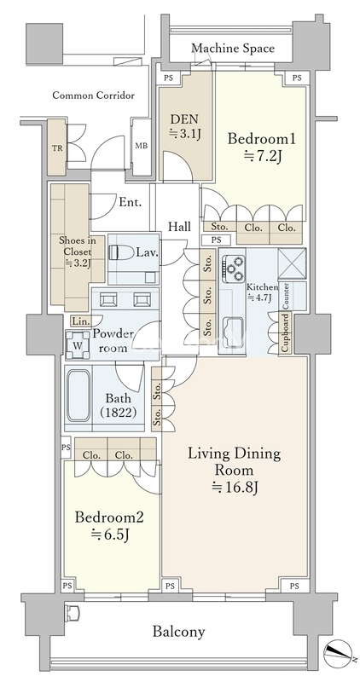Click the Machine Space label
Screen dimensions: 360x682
point(233,48)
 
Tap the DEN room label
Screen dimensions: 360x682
point(184,118)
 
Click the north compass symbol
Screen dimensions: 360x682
point(337,653)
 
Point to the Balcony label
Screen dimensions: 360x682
point(179,631)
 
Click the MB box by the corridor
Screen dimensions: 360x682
point(141,146)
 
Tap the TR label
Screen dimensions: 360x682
point(57,148)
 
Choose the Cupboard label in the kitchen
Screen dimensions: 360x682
point(286,332)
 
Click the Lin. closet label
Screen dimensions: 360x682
point(80,322)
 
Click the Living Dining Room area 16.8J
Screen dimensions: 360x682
point(235,488)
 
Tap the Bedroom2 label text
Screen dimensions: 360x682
point(109,517)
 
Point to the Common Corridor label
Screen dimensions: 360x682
point(93,95)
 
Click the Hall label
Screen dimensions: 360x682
point(179,227)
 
